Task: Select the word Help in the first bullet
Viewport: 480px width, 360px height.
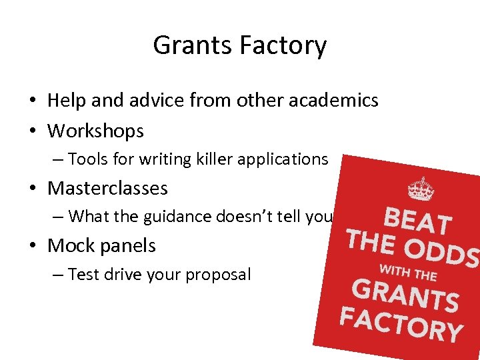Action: [66, 101]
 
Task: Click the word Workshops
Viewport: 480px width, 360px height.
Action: [95, 131]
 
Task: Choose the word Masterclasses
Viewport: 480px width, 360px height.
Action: [107, 188]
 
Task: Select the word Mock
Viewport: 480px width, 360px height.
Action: [68, 245]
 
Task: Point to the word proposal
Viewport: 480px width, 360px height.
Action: [219, 274]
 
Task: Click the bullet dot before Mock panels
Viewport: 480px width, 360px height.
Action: [32, 246]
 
